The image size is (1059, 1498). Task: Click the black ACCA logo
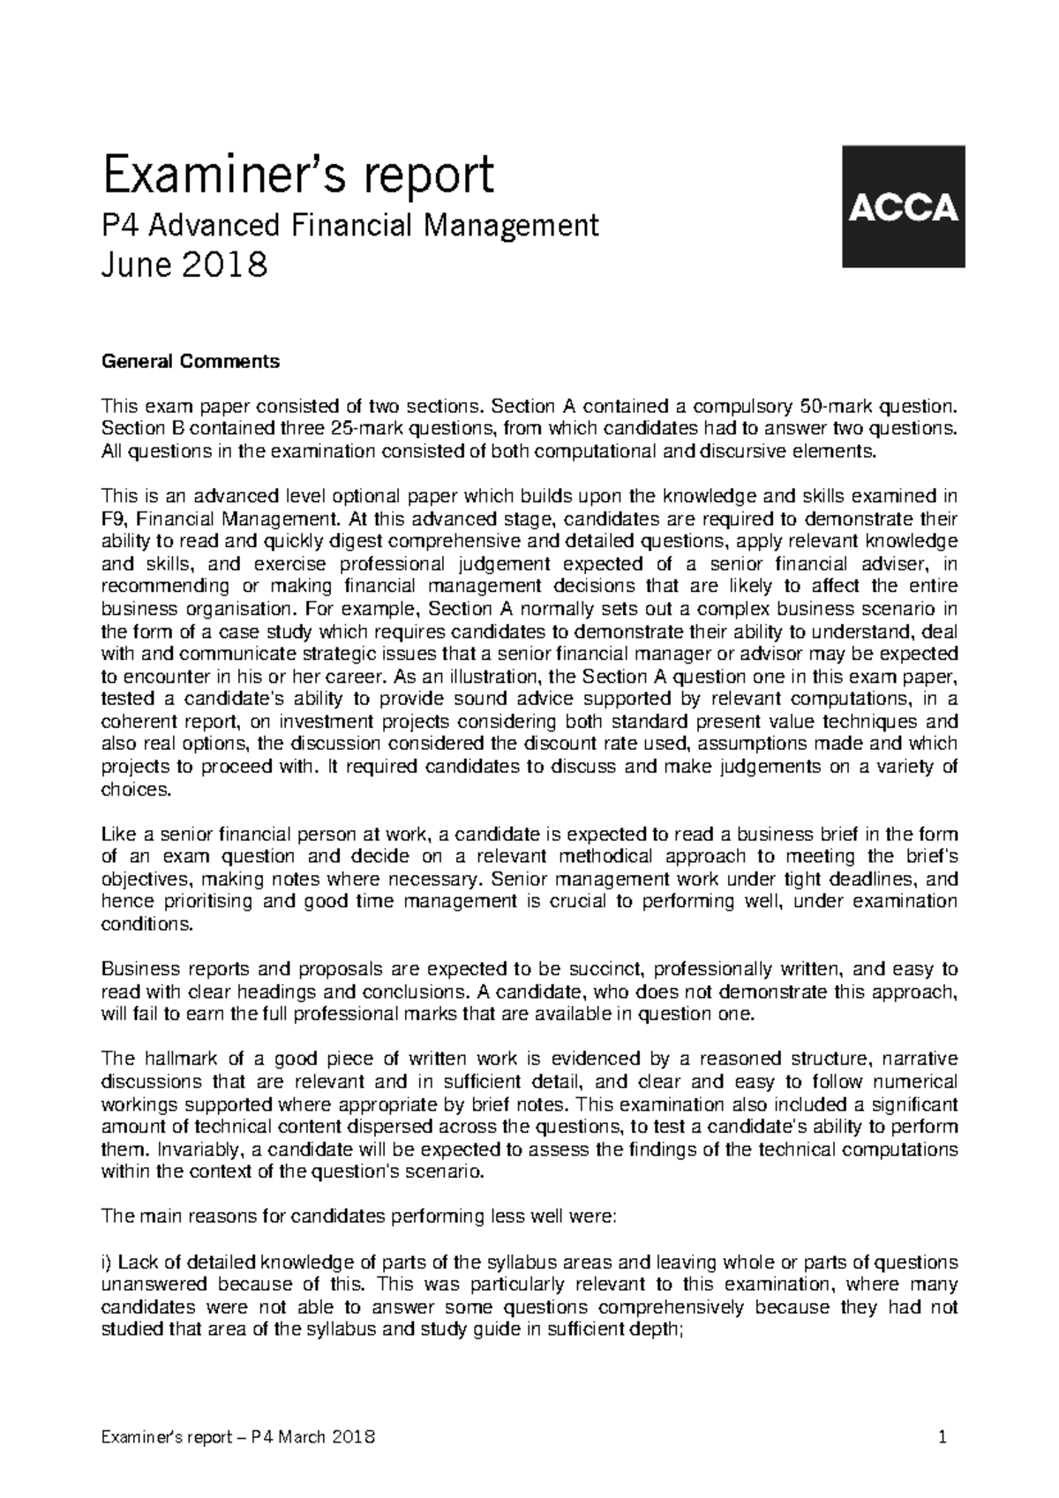click(904, 206)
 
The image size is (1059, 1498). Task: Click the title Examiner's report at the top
click(298, 176)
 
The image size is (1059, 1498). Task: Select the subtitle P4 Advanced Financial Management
click(350, 226)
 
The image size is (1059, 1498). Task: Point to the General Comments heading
click(192, 361)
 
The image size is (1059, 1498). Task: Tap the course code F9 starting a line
click(115, 519)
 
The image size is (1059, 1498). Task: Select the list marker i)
click(108, 1262)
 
